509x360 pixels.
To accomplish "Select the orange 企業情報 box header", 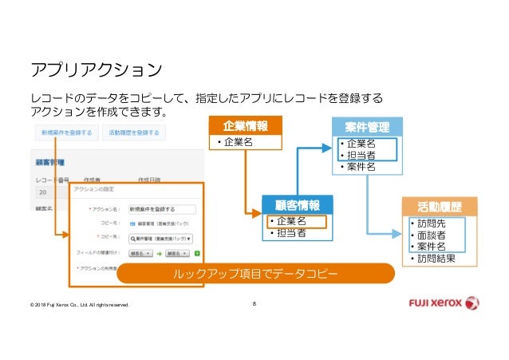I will coord(245,126).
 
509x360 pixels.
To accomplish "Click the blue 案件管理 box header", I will coord(367,126).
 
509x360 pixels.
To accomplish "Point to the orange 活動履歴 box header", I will coord(438,206).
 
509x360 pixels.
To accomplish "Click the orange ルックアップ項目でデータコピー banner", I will coord(255,274).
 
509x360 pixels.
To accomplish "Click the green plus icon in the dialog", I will coord(196,253).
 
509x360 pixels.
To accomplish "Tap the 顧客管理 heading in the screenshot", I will coord(49,162).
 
